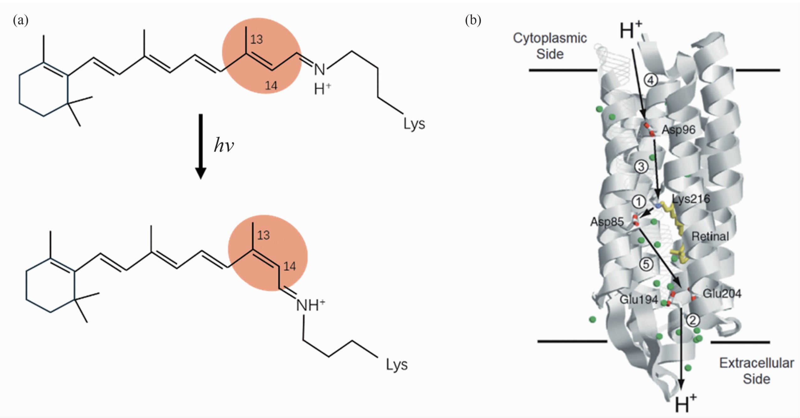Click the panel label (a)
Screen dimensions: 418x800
pyautogui.click(x=21, y=20)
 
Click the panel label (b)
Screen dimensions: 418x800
pyautogui.click(x=473, y=20)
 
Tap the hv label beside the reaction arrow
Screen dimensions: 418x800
pyautogui.click(x=224, y=146)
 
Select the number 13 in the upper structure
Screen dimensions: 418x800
pyautogui.click(x=256, y=40)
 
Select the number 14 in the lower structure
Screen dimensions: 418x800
pyautogui.click(x=289, y=266)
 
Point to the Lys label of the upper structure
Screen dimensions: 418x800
pyautogui.click(x=414, y=124)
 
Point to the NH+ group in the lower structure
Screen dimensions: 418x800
pyautogui.click(x=310, y=305)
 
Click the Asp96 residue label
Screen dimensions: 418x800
pyautogui.click(x=678, y=130)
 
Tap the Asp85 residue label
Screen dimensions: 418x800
pyautogui.click(x=607, y=222)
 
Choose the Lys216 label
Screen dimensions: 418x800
pyautogui.click(x=691, y=199)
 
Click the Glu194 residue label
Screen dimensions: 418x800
pyautogui.click(x=638, y=299)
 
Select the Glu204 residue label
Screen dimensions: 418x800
pyautogui.click(x=722, y=293)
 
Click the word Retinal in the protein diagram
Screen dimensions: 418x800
pyautogui.click(x=710, y=236)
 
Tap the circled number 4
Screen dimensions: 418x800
pyautogui.click(x=651, y=80)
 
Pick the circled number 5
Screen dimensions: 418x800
pyautogui.click(x=646, y=264)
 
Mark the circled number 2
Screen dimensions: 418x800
pyautogui.click(x=693, y=320)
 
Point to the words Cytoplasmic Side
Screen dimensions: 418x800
pyautogui.click(x=550, y=46)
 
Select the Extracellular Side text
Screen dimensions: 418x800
pyautogui.click(x=756, y=371)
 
